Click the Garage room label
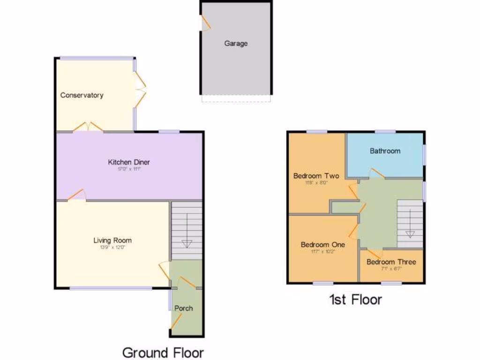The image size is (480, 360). tap(235, 44)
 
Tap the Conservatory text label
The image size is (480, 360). tap(82, 95)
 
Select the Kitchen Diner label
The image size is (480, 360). tap(129, 162)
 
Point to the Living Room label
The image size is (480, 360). tap(112, 240)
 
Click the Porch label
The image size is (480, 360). tap(183, 308)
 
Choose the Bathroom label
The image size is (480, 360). tap(385, 150)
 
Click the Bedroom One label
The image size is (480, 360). tap(322, 245)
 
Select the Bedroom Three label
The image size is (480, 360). tap(391, 262)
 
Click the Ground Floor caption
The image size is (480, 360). tap(163, 352)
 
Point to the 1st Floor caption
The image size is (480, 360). tap(355, 299)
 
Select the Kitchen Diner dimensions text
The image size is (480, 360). tap(129, 169)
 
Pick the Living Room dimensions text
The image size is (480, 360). tap(112, 247)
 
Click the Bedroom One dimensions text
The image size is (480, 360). tap(322, 251)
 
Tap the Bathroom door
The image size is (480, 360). tap(376, 174)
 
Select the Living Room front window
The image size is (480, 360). tap(111, 288)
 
